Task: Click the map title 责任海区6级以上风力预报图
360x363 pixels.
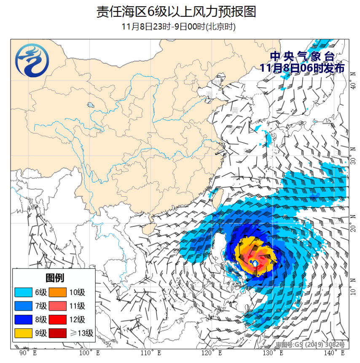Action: [176, 12]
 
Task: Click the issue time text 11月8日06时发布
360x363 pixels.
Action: [302, 68]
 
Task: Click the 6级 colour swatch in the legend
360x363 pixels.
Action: [24, 292]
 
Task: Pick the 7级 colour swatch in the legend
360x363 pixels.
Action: [24, 306]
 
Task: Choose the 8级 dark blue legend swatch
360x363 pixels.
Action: [24, 320]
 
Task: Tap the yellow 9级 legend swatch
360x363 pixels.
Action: [24, 333]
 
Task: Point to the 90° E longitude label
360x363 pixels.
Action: [28, 352]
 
